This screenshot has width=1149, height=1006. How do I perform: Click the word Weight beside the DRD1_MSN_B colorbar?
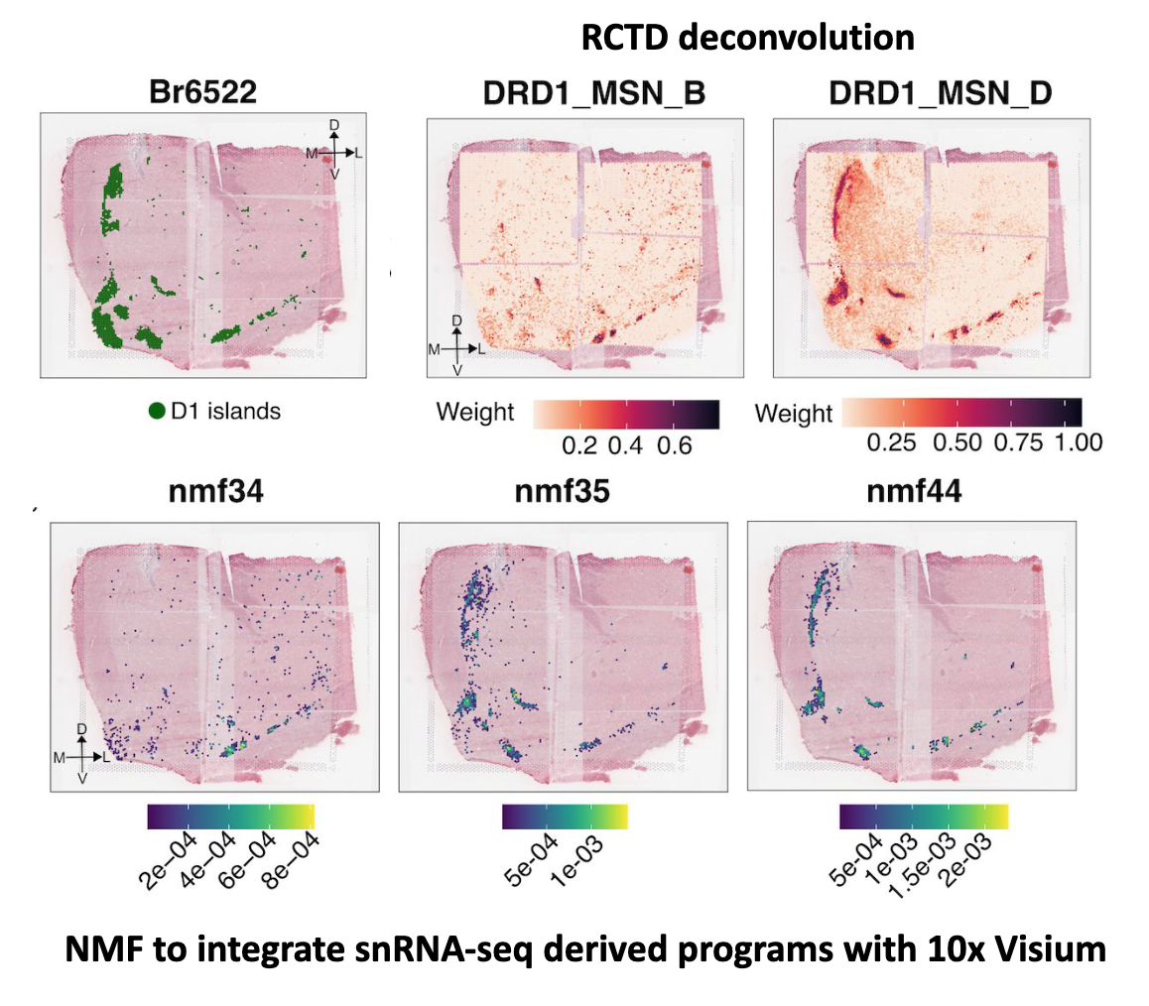coord(475,413)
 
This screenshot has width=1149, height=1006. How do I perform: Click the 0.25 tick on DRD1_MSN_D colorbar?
coord(890,442)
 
